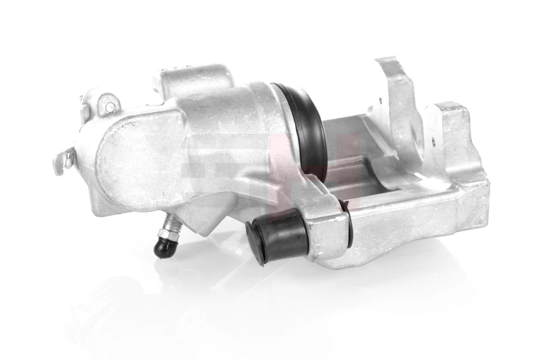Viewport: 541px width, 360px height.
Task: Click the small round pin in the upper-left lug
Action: click(110, 106)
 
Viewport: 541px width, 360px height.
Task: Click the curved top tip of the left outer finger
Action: click(386, 62)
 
